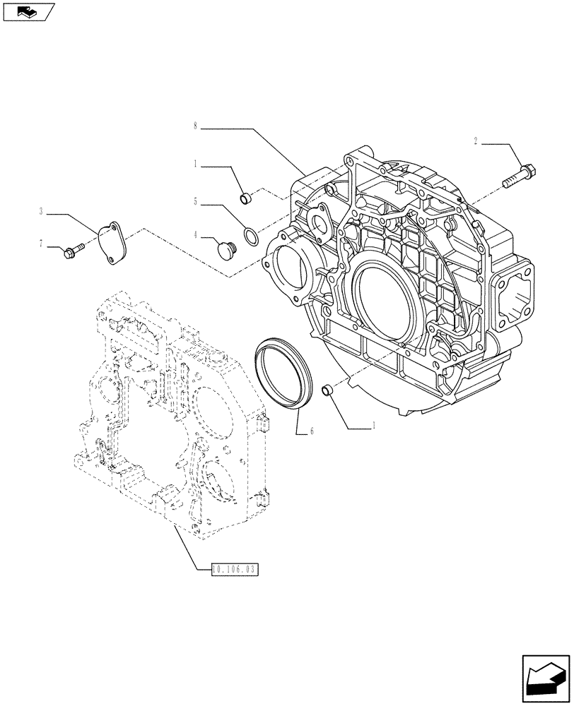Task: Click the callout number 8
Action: (194, 128)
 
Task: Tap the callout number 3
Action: (42, 210)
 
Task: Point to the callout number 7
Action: (42, 244)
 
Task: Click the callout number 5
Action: (194, 201)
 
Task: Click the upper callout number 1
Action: (194, 164)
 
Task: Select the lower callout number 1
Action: (373, 426)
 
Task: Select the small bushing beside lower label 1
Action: (327, 390)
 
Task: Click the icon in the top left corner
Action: (28, 11)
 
